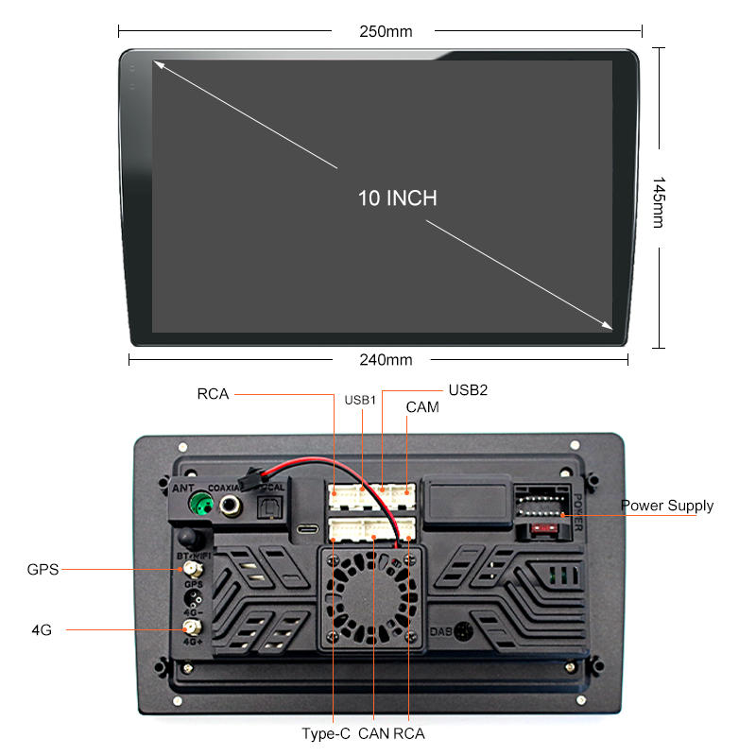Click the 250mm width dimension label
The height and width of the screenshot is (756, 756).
point(386,31)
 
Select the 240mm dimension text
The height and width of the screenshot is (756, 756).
point(386,359)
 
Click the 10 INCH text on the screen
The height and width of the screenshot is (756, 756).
point(397,198)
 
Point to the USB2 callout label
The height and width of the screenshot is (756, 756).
point(468,388)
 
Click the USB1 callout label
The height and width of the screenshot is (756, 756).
point(361,401)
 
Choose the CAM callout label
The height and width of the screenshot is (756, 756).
point(422,407)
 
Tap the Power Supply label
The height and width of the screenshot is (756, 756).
point(667,506)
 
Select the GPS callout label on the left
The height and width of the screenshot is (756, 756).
point(43,569)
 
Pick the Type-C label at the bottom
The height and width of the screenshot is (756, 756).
point(326,733)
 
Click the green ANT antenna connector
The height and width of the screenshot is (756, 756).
point(199,505)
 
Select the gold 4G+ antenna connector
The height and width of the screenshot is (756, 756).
point(190,627)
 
